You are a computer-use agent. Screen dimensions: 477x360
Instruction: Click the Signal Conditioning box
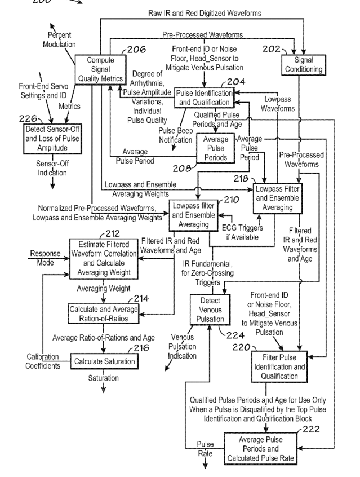tap(305, 65)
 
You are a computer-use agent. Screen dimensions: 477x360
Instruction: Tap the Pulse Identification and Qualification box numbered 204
tap(203, 98)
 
